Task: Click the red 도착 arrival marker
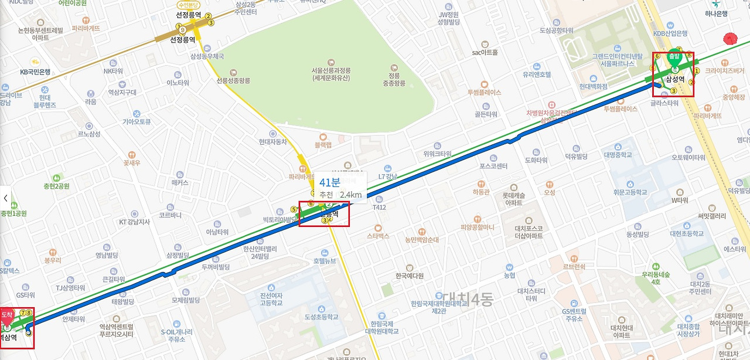[x=7, y=315]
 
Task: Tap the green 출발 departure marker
[x=674, y=57]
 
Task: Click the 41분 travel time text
[x=329, y=182]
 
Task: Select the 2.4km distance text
[x=350, y=195]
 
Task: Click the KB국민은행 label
[x=35, y=72]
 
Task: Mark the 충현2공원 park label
[x=56, y=186]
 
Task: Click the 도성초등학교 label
[x=321, y=317]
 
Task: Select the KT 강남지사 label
[x=134, y=222]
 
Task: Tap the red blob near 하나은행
[x=729, y=39]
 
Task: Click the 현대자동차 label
[x=272, y=141]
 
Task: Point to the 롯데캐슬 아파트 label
[x=514, y=199]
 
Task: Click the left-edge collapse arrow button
[x=5, y=198]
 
